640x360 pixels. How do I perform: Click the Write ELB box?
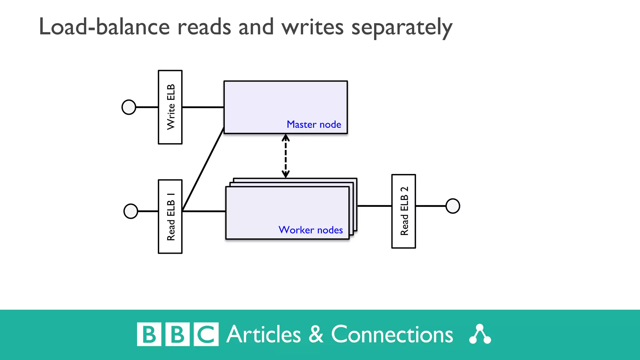point(170,107)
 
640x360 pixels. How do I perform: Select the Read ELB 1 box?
point(170,217)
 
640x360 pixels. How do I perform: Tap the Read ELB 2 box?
point(403,211)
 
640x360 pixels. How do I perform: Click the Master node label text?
point(314,124)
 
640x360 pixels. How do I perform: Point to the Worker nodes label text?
point(311,230)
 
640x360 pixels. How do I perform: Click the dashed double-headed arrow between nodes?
point(286,156)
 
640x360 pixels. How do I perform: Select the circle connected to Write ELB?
point(129,107)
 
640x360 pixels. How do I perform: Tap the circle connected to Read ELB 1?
point(131,211)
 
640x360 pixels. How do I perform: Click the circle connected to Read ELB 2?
point(452,206)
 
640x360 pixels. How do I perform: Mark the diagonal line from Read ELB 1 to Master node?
point(203,169)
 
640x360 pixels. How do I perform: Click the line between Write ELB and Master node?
point(203,107)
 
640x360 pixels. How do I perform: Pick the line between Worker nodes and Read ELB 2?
point(374,206)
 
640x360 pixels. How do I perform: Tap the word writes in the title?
point(312,27)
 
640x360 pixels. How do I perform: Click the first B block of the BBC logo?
point(149,334)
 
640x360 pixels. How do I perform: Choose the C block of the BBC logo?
point(206,334)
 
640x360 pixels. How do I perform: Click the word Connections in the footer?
point(392,335)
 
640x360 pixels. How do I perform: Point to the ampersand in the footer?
point(316,334)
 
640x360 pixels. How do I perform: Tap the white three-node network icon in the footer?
point(480,334)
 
